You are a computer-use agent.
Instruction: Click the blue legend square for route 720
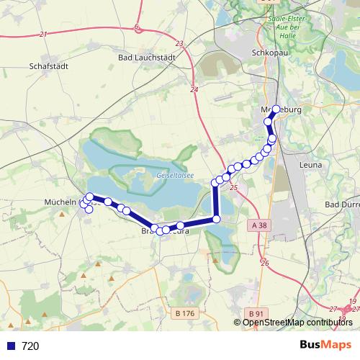point(10,346)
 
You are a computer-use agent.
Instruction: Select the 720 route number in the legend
point(30,346)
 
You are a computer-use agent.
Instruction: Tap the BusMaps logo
point(325,345)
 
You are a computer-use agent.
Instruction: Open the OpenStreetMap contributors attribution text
point(297,323)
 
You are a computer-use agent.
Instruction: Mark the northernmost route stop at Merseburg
point(276,109)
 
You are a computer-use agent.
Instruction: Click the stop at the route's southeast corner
point(216,220)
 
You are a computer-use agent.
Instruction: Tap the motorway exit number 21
point(43,34)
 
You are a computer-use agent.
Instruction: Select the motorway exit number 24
point(194,89)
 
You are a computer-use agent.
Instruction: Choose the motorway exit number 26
point(264,263)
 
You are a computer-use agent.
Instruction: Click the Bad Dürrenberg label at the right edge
point(343,204)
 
